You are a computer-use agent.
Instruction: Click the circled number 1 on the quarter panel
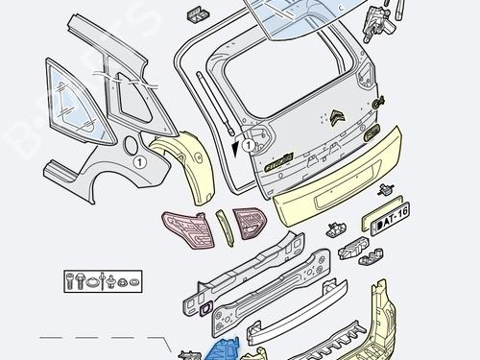point(139,162)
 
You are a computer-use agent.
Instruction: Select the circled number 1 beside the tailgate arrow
point(248,146)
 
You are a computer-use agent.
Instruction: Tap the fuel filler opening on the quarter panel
point(131,147)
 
